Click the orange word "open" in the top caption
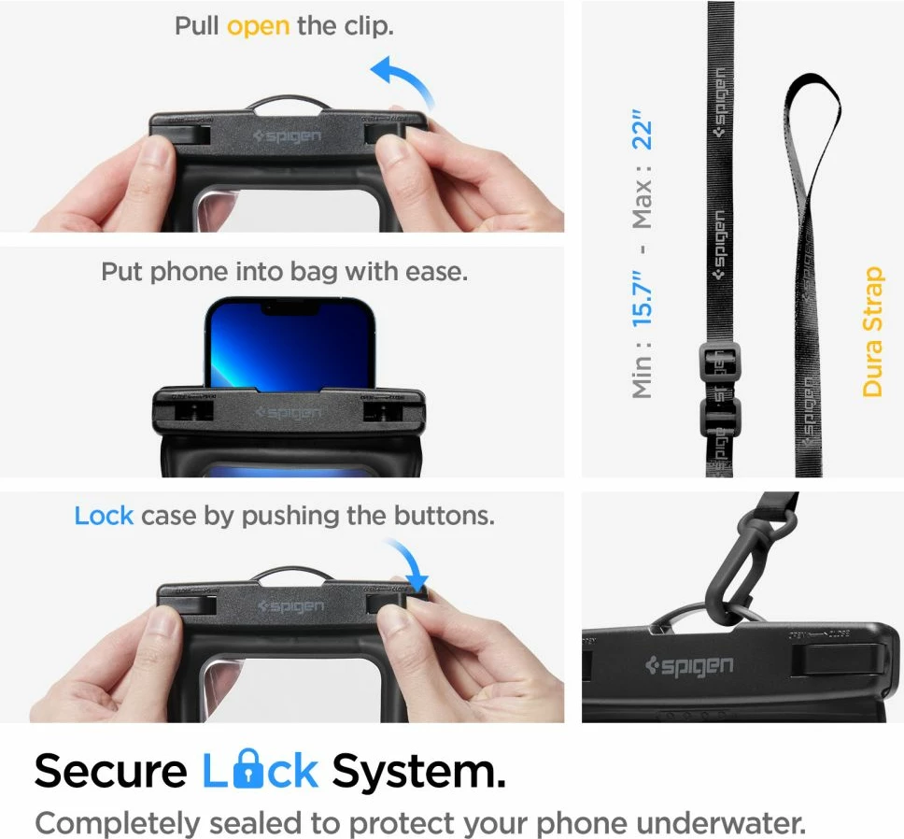[258, 25]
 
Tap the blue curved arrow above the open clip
[403, 78]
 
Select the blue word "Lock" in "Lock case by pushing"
[104, 515]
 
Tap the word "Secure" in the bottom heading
[110, 773]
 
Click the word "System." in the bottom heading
[419, 773]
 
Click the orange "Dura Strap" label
[872, 331]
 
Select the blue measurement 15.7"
[643, 291]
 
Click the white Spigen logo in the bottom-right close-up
[690, 667]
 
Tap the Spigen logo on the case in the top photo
[287, 137]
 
